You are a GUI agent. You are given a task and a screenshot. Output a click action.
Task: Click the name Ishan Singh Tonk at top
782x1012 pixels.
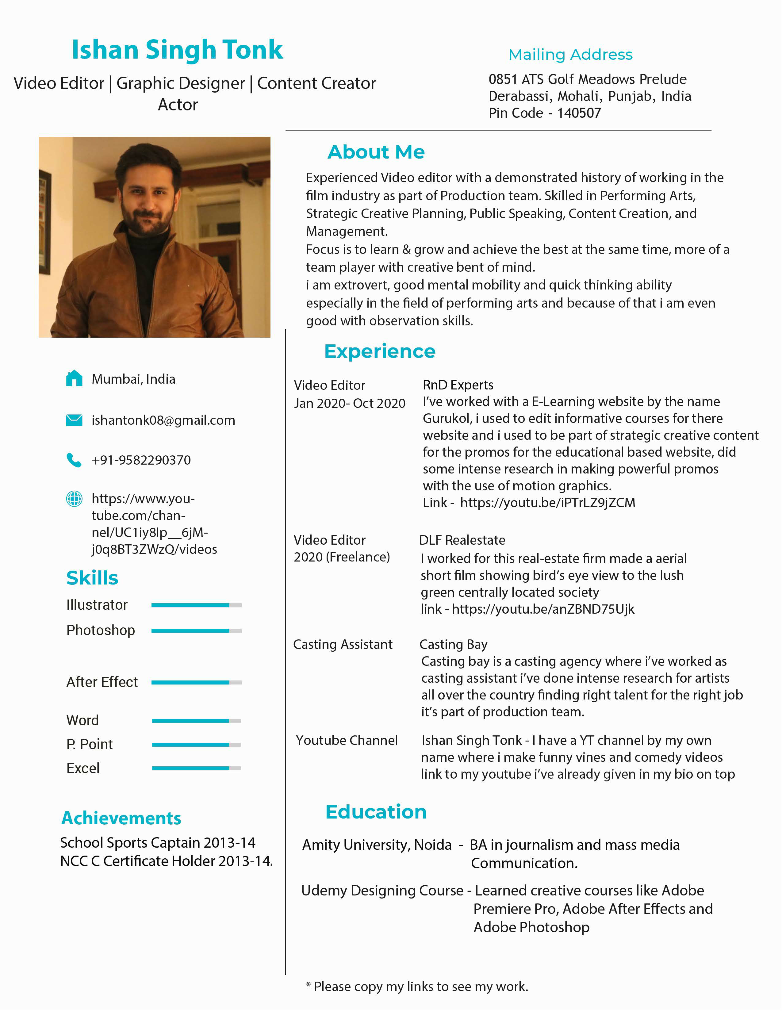point(177,50)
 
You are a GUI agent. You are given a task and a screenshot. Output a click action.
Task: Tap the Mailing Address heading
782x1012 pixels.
point(570,55)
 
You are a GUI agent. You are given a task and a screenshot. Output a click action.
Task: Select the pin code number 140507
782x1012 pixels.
point(579,113)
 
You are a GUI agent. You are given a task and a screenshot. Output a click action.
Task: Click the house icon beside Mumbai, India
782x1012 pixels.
point(74,378)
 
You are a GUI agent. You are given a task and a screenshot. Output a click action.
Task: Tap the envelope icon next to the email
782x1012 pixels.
point(74,420)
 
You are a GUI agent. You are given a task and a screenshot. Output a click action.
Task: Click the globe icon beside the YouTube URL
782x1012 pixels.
point(74,499)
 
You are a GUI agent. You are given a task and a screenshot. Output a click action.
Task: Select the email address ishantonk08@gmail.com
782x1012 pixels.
point(163,420)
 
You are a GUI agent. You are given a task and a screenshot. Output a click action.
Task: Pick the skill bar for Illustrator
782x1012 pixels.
point(196,605)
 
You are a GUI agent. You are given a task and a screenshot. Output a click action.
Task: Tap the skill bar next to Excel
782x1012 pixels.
point(196,768)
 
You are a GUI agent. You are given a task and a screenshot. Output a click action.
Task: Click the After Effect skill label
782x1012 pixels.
point(102,682)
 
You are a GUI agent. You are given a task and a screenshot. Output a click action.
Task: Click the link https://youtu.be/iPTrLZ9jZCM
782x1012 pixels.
point(548,503)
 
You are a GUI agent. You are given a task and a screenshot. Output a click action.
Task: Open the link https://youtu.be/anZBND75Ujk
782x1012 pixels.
point(543,609)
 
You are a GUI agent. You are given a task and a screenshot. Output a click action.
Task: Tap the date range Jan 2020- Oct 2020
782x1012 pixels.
point(349,404)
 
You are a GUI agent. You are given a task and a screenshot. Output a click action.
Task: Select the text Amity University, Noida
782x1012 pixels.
point(377,845)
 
